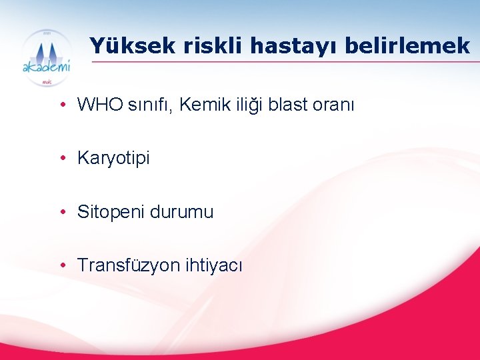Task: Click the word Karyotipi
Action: click(x=114, y=159)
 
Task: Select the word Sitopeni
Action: click(x=111, y=213)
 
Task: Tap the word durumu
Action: click(x=182, y=213)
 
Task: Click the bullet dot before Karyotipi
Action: click(x=61, y=159)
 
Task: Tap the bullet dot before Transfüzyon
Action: click(x=61, y=266)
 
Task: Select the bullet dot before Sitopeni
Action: click(x=61, y=213)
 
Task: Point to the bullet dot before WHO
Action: click(x=61, y=105)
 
